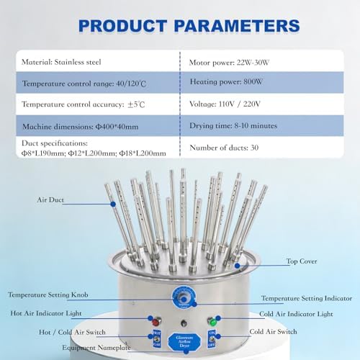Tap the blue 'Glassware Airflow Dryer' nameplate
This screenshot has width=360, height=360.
pyautogui.click(x=182, y=341)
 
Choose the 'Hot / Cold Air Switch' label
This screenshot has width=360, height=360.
pyautogui.click(x=61, y=332)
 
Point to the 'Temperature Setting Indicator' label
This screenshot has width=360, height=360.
pyautogui.click(x=306, y=298)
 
